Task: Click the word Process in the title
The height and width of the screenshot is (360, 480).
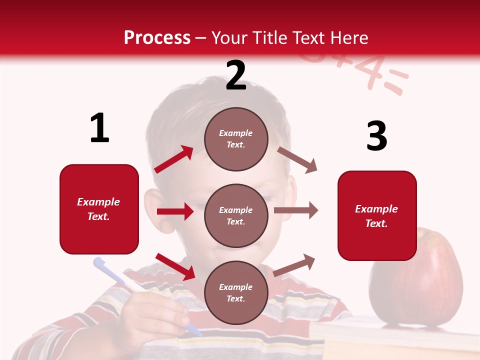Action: (x=157, y=37)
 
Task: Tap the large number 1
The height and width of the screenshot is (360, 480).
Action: (x=99, y=128)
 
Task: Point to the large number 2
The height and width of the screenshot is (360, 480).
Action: (x=236, y=75)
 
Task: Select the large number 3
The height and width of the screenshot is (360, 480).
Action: (x=376, y=136)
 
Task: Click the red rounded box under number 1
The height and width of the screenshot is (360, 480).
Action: (x=99, y=209)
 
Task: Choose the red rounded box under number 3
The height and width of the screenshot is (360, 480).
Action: (x=377, y=215)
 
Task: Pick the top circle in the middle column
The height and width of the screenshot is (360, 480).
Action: (x=236, y=139)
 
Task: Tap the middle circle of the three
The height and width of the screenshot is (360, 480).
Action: (x=236, y=215)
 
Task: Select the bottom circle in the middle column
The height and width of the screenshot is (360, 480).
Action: (x=236, y=292)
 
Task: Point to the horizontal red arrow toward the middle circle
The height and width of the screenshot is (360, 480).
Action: (x=175, y=211)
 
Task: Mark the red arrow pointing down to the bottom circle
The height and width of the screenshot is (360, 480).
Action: (x=175, y=266)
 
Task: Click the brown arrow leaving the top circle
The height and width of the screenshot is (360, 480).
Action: (x=297, y=159)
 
